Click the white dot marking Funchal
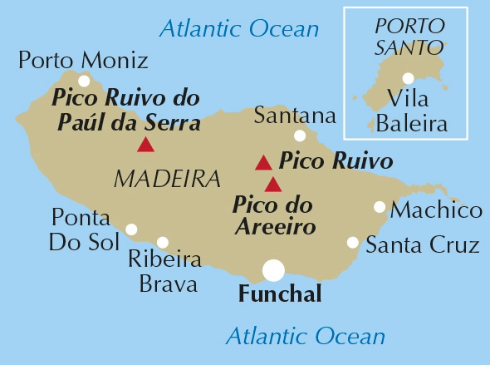[x=273, y=270]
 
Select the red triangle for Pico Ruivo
[x=263, y=162]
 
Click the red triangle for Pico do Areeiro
[x=273, y=185]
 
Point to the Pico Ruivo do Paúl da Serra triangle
[x=145, y=146]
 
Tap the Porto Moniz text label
[x=83, y=60]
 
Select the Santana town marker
[x=300, y=136]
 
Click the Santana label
[x=295, y=115]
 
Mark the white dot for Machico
[x=380, y=207]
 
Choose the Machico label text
[x=437, y=210]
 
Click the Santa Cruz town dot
[x=353, y=243]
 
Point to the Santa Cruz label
[x=423, y=245]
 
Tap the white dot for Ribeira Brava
[x=163, y=243]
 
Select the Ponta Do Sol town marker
[x=131, y=229]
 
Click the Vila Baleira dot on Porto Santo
[x=408, y=79]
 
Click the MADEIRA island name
[x=167, y=178]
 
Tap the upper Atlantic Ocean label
[x=239, y=29]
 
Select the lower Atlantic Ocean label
[x=306, y=337]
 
